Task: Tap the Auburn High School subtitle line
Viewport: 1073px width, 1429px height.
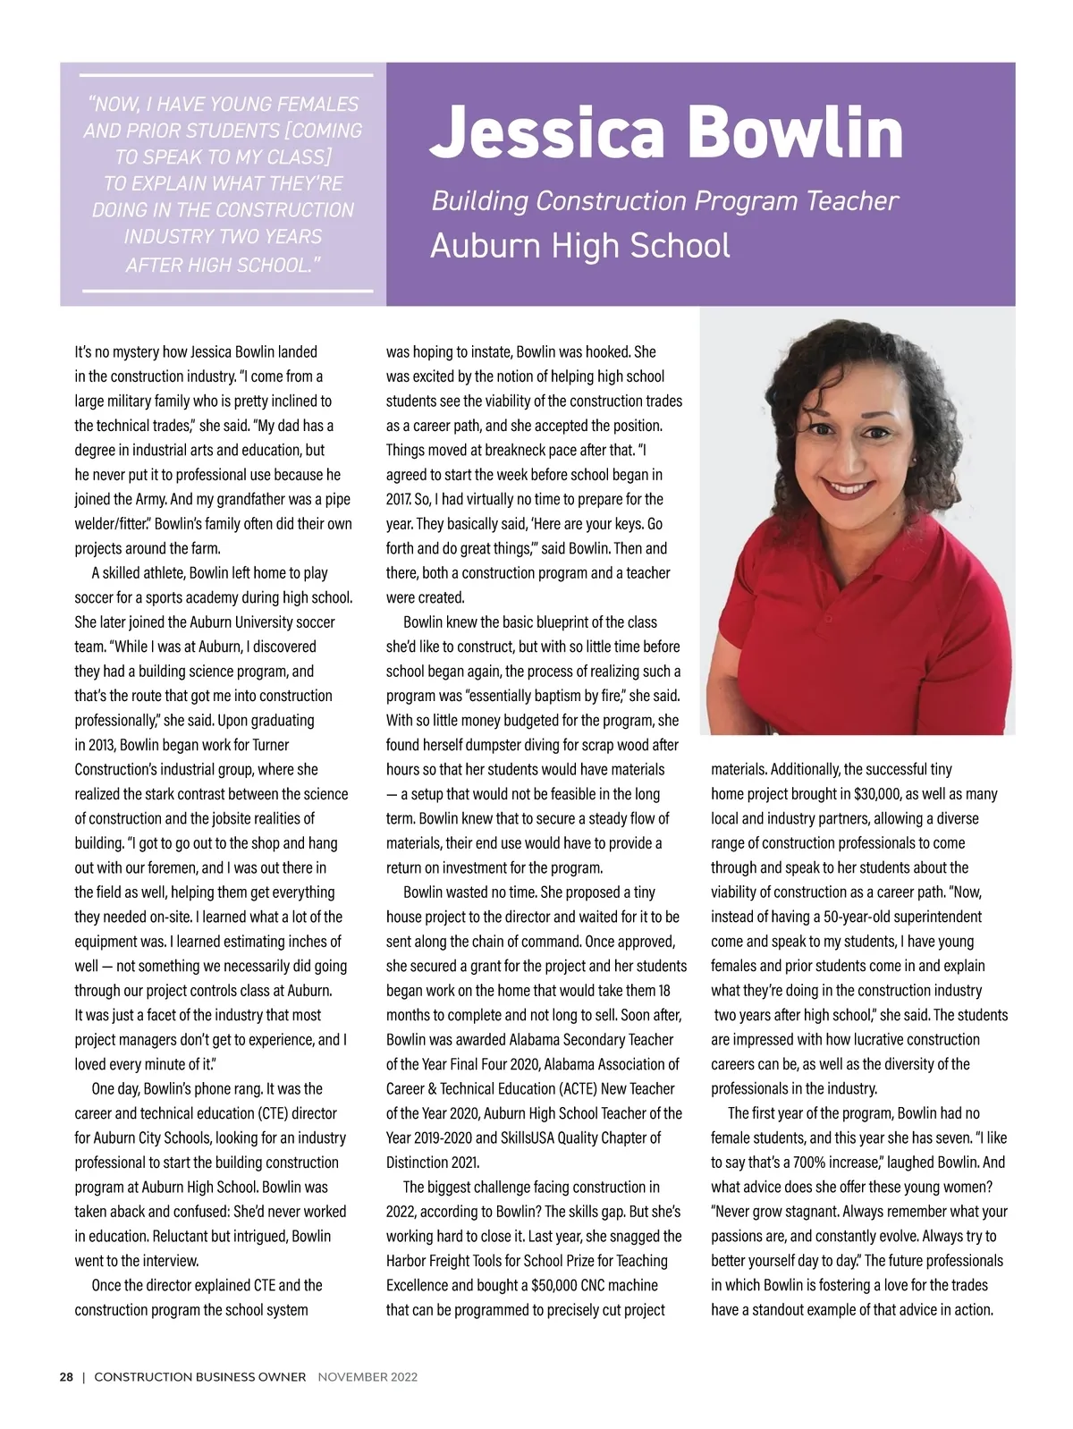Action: click(579, 245)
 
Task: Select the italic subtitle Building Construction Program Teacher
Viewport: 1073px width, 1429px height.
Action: click(664, 200)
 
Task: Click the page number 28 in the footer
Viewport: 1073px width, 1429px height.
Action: click(66, 1377)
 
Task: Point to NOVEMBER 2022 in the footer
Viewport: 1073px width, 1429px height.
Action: click(368, 1377)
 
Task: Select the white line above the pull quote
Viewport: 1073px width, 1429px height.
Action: click(227, 75)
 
